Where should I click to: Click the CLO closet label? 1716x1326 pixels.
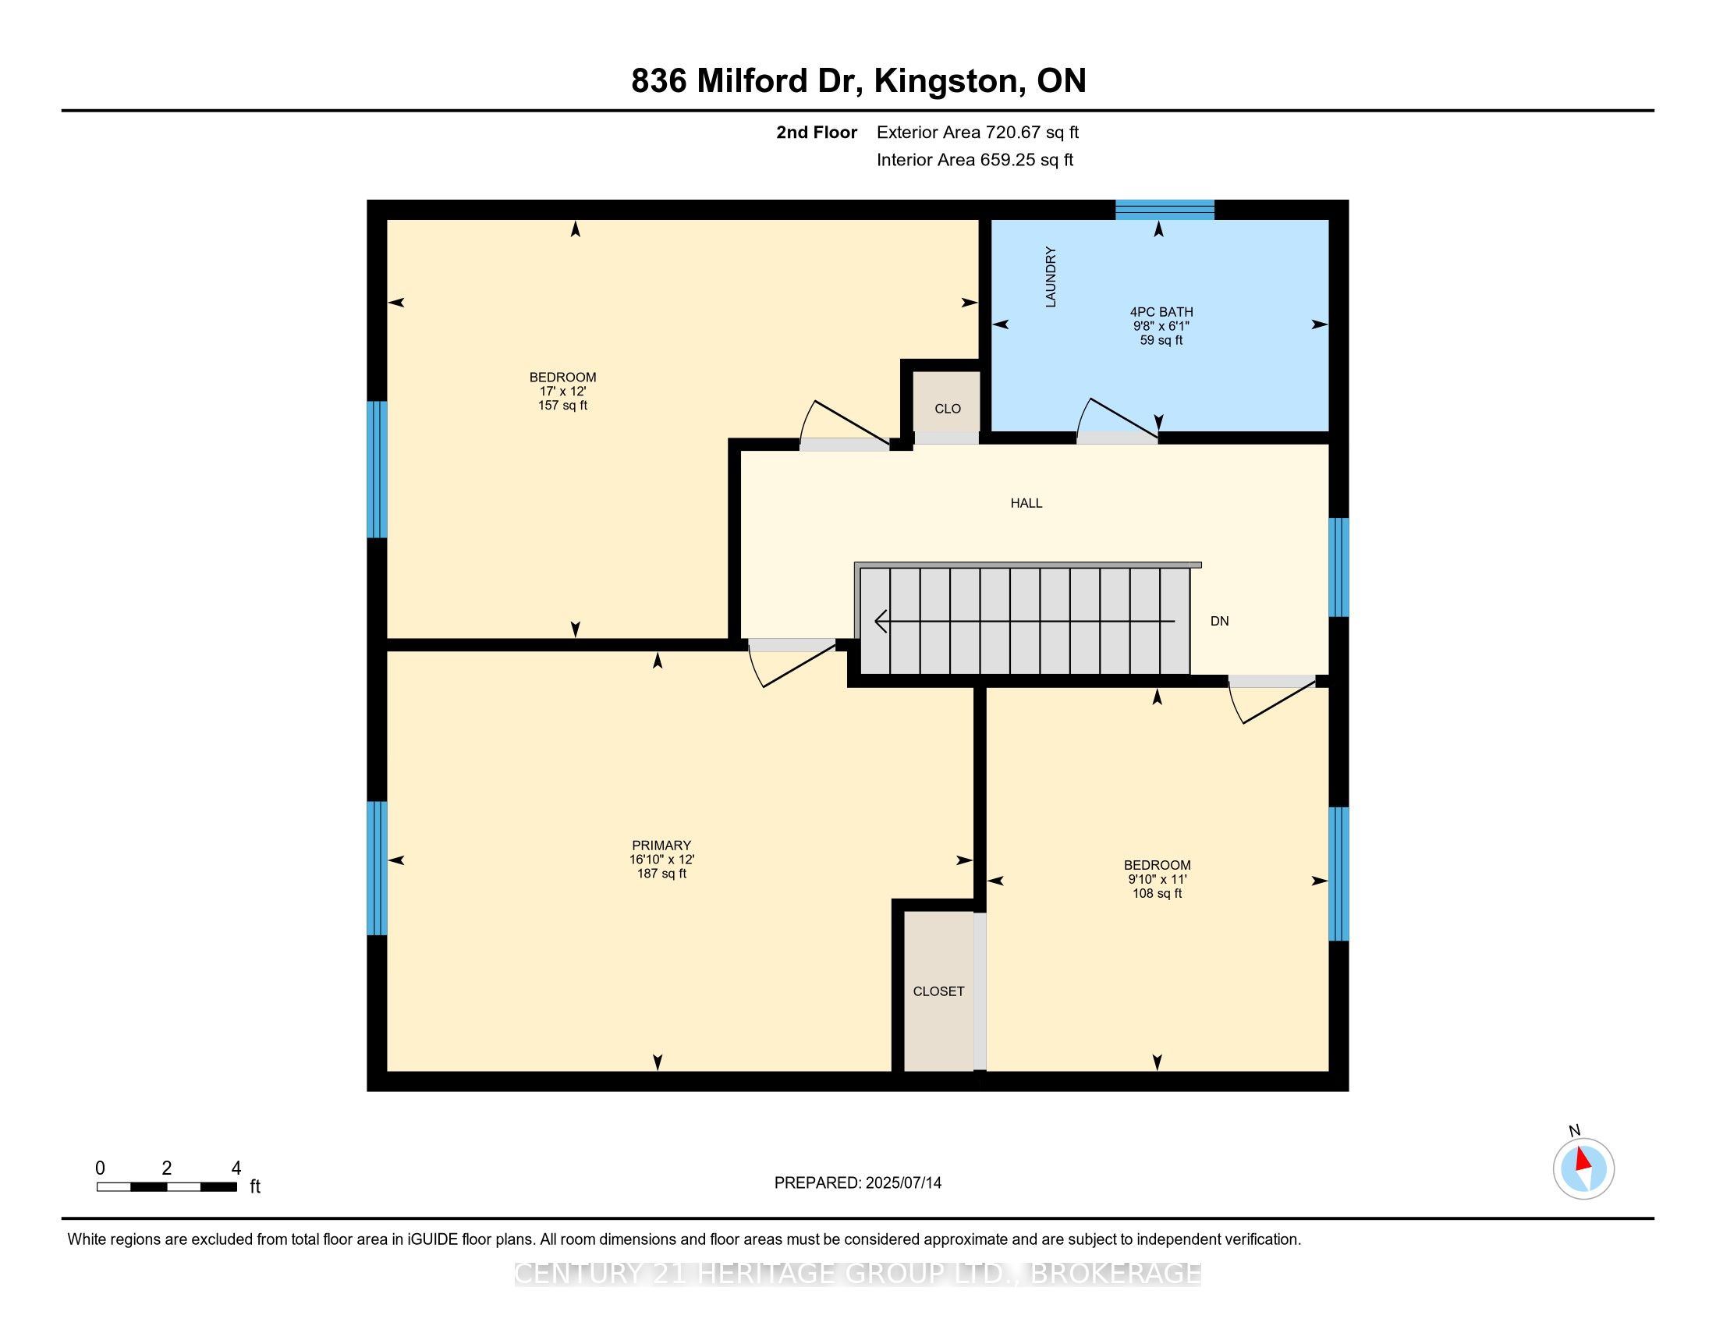[948, 409]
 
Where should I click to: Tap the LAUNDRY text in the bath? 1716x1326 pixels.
[1051, 277]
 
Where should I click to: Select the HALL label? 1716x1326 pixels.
[1026, 503]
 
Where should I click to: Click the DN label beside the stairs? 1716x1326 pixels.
[1218, 622]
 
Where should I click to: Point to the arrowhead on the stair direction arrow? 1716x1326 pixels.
[879, 622]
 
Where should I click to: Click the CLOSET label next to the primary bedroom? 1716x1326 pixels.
[938, 991]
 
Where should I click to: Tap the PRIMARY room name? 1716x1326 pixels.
[661, 846]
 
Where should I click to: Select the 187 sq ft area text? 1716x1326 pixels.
[661, 874]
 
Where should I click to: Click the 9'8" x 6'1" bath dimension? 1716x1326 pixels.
[1161, 326]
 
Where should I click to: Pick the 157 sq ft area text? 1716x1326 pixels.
[562, 406]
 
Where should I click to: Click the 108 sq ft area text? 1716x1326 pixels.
[1157, 893]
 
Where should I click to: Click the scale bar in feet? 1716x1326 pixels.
[167, 1187]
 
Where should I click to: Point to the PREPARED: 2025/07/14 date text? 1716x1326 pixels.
[857, 1183]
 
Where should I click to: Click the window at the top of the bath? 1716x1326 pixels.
[1165, 209]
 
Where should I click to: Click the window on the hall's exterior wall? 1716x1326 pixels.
[1338, 567]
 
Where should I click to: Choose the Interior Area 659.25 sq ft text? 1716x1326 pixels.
[974, 160]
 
